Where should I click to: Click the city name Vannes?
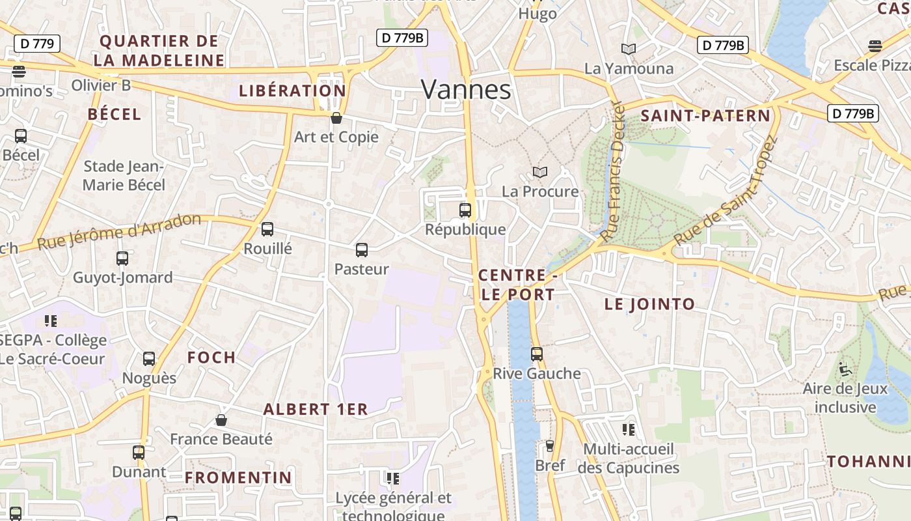pos(466,89)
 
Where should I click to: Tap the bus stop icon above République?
pos(465,210)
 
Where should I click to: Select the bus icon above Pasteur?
pos(362,249)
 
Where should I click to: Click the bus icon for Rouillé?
pos(267,229)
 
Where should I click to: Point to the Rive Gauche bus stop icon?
pos(537,354)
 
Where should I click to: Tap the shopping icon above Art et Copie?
pos(336,118)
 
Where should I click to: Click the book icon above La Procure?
pos(540,172)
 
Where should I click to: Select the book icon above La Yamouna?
pos(628,49)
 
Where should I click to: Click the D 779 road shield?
pos(37,44)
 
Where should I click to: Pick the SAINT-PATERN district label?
pos(705,116)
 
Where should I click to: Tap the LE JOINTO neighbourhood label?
pos(649,304)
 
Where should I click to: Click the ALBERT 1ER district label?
pos(316,410)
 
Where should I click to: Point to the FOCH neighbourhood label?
pos(211,358)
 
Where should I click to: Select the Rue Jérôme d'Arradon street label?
pos(119,231)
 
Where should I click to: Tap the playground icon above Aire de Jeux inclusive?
pos(845,369)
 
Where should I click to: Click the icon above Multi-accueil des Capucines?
pos(629,429)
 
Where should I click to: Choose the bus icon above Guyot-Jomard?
pos(122,258)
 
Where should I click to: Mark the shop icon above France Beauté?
pos(221,420)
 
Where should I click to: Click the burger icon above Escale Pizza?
pos(875,46)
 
